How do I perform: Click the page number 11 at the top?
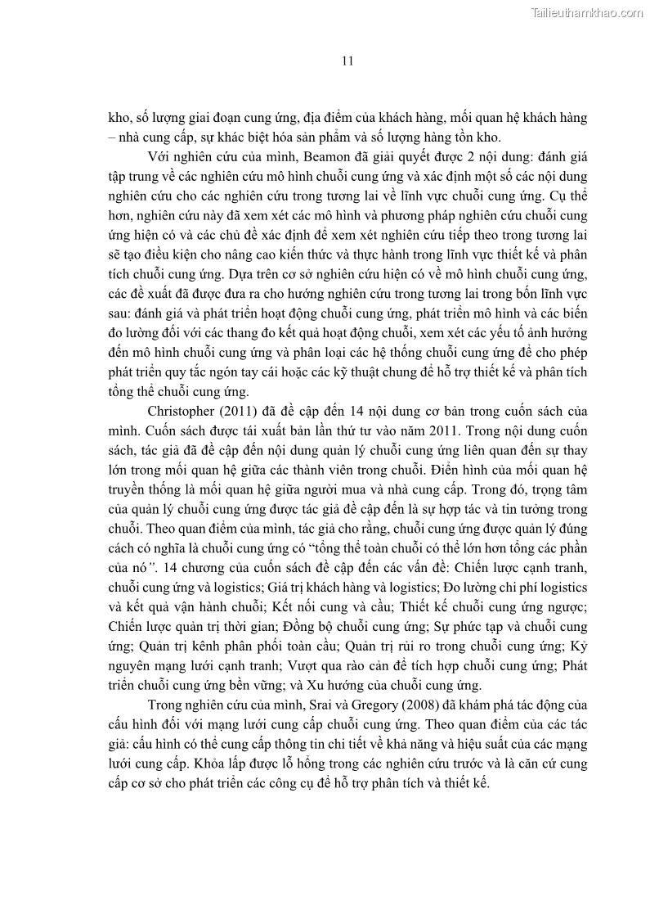[x=347, y=61]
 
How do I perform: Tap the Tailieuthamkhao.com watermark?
[x=587, y=11]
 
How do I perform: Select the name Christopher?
[x=183, y=410]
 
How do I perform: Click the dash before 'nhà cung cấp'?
[x=113, y=137]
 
